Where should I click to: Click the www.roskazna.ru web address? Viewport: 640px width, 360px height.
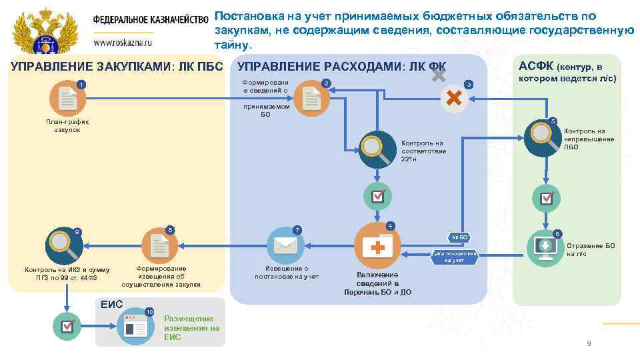point(123,41)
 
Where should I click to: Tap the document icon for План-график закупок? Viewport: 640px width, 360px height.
point(68,99)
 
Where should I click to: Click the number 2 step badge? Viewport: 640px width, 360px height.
point(326,83)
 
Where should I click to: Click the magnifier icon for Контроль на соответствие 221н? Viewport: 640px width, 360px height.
point(378,150)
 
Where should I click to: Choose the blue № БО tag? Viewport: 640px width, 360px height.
point(460,237)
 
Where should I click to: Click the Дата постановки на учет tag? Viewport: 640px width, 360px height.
point(456,257)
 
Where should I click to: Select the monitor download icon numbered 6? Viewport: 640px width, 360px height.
point(545,247)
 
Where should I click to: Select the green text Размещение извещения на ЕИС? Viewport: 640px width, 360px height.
point(191,327)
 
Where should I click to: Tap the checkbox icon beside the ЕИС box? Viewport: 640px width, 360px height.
point(67,326)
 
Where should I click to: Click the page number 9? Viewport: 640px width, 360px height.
point(588,343)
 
